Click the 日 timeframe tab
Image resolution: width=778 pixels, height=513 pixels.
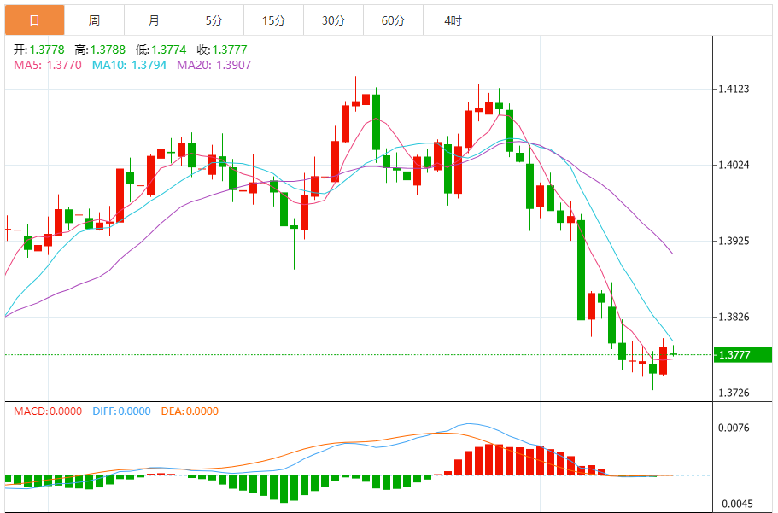click(34, 20)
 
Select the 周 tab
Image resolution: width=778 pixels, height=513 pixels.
click(94, 20)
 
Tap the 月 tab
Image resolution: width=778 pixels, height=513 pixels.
click(153, 20)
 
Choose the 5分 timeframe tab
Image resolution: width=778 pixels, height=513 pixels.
click(214, 20)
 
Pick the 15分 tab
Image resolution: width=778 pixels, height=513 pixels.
click(273, 20)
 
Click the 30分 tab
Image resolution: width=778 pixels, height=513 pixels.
click(333, 20)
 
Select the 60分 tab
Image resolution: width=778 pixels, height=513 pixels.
click(393, 20)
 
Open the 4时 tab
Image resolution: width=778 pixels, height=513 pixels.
click(453, 20)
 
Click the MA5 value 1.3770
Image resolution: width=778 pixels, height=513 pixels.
click(64, 64)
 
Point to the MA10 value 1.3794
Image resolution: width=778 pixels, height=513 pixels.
click(150, 64)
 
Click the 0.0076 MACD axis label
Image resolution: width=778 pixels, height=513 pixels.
click(733, 428)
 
